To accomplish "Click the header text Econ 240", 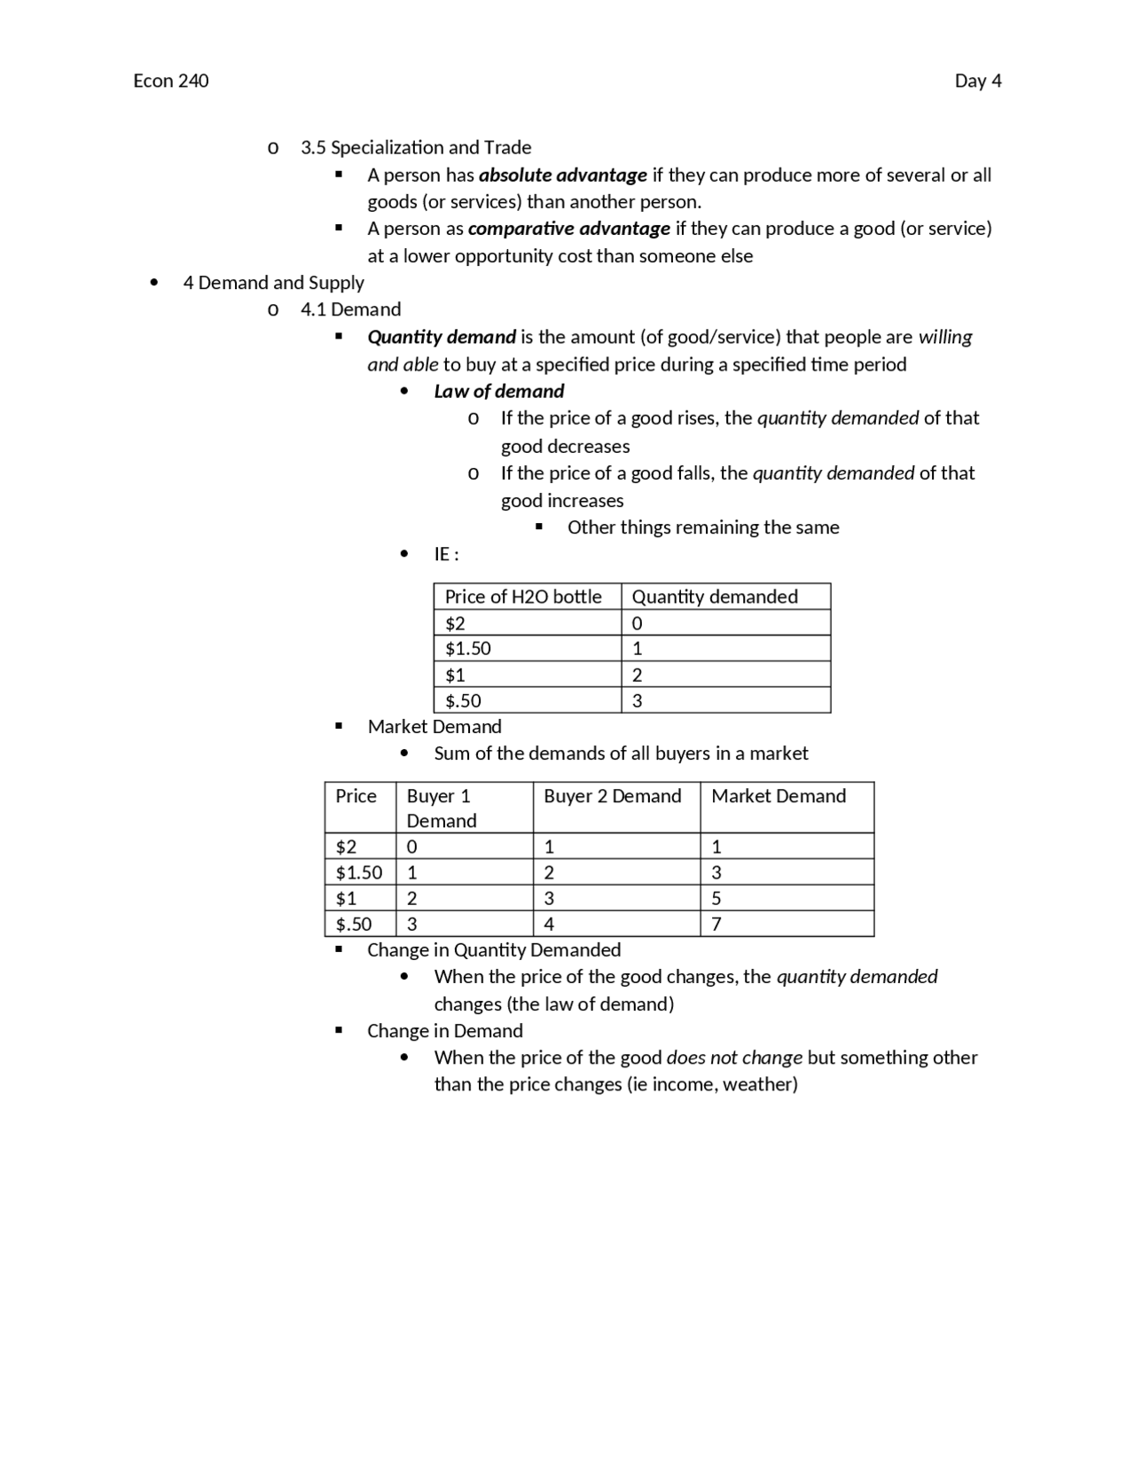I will pos(171,81).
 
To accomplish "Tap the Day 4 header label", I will pos(977,81).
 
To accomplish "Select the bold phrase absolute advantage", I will pos(562,175).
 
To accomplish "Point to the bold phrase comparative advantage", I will pos(568,229).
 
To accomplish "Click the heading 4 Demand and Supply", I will pos(273,283).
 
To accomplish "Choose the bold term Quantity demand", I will pos(442,337).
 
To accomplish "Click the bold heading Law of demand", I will pos(498,391).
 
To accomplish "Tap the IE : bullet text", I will pos(446,554).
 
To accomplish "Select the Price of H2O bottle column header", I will pos(523,597).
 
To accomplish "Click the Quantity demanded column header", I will pos(715,597).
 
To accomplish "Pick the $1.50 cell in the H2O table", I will pos(468,648).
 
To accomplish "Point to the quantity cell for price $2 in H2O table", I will pos(638,623).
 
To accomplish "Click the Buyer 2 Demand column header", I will pos(612,796).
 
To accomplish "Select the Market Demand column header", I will pos(779,796).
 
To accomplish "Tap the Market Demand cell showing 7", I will pos(716,924).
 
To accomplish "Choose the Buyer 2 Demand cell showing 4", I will pos(549,924).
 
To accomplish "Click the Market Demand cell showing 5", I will pos(716,898).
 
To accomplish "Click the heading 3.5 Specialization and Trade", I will pos(416,147).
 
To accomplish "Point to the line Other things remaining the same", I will pos(703,527).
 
